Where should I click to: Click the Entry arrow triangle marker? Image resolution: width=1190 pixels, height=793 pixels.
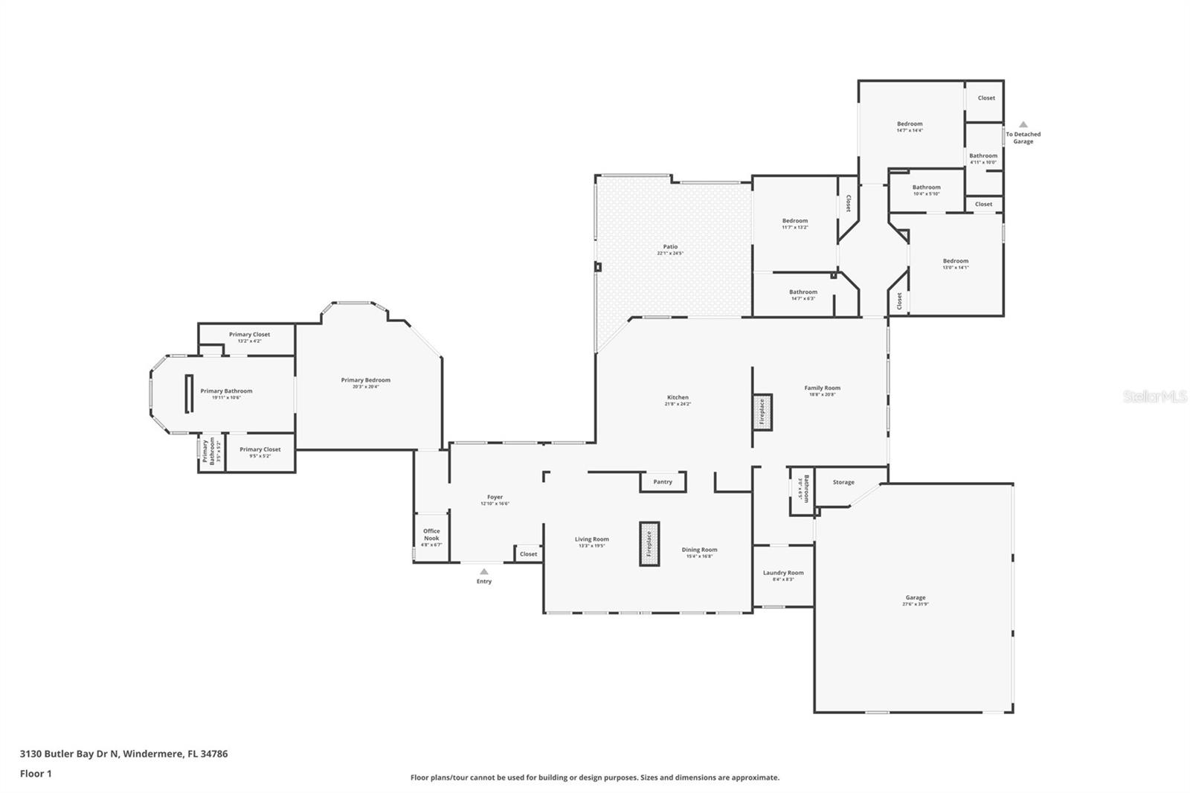coord(484,571)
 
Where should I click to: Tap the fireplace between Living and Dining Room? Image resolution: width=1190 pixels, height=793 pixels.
coord(649,544)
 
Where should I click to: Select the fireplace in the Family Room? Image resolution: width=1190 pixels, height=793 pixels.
coord(762,412)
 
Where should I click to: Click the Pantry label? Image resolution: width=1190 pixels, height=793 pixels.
coord(663,482)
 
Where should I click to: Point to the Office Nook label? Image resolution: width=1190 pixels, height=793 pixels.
coord(431,534)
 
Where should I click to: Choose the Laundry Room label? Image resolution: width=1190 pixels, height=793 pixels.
coord(783,573)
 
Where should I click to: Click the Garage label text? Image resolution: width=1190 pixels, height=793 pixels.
coord(916,597)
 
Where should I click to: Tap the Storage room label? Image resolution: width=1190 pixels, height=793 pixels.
coord(843,482)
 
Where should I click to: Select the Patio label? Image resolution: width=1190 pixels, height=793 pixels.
coord(670,247)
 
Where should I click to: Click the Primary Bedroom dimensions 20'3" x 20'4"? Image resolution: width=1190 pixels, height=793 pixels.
coord(366,387)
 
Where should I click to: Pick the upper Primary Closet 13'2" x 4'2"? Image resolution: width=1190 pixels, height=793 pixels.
coord(249,335)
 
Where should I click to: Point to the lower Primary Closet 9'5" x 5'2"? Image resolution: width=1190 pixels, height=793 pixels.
coord(260,449)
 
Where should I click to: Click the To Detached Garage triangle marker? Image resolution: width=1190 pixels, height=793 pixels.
coord(1023,125)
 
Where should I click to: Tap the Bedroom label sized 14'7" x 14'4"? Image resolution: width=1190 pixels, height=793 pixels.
coord(910,124)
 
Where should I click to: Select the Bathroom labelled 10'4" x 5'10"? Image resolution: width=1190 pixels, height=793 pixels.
coord(927,187)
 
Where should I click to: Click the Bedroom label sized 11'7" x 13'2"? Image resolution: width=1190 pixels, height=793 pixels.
coord(795,221)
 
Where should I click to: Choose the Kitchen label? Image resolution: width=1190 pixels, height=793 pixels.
coord(678,397)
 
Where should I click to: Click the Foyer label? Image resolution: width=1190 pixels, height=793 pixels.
coord(495,497)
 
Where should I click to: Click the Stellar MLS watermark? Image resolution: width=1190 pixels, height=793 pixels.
coord(1155,397)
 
